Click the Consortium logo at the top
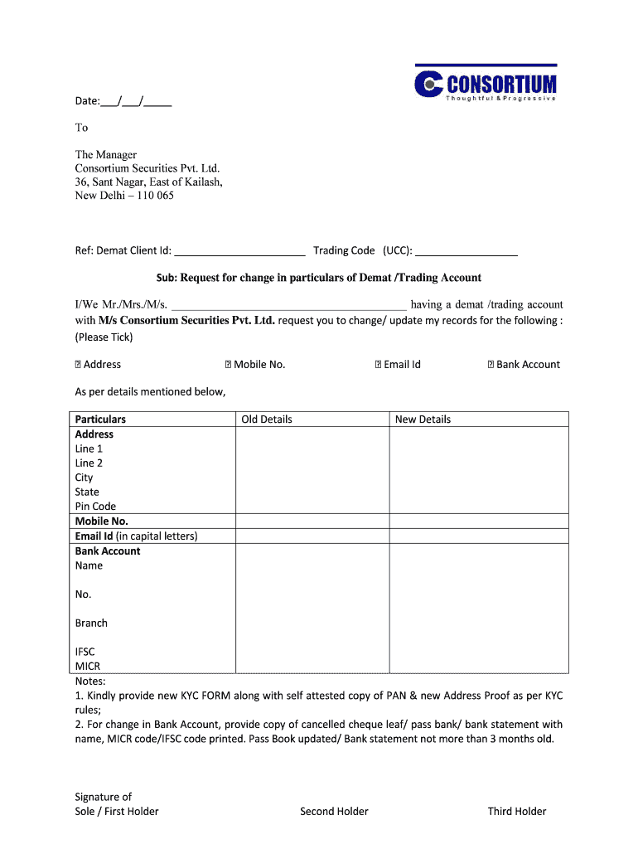click(x=485, y=84)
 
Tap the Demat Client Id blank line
click(x=239, y=250)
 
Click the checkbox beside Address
click(x=79, y=365)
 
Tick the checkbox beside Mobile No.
click(x=229, y=365)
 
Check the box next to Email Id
click(x=378, y=365)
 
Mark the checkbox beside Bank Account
click(x=491, y=365)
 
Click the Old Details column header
click(x=267, y=420)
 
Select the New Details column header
click(x=423, y=420)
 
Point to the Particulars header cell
click(x=100, y=420)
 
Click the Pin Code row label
click(x=95, y=507)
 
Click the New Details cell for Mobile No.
click(x=479, y=522)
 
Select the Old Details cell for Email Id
click(x=312, y=536)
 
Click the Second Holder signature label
click(x=334, y=812)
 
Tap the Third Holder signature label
click(x=517, y=812)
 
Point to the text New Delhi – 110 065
click(x=124, y=196)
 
